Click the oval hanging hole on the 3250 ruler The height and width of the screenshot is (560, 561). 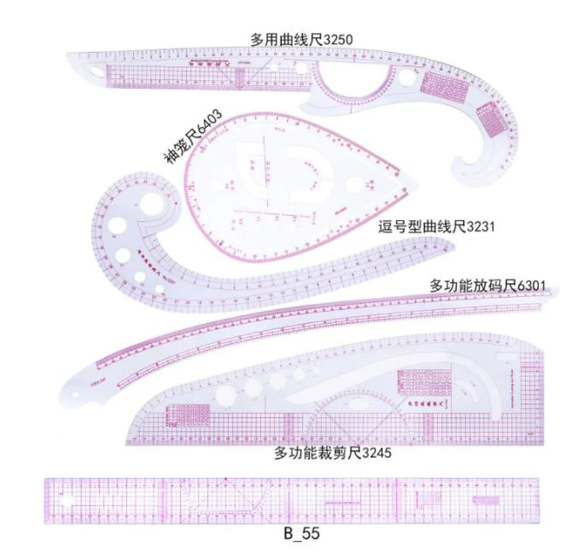[96, 71]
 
